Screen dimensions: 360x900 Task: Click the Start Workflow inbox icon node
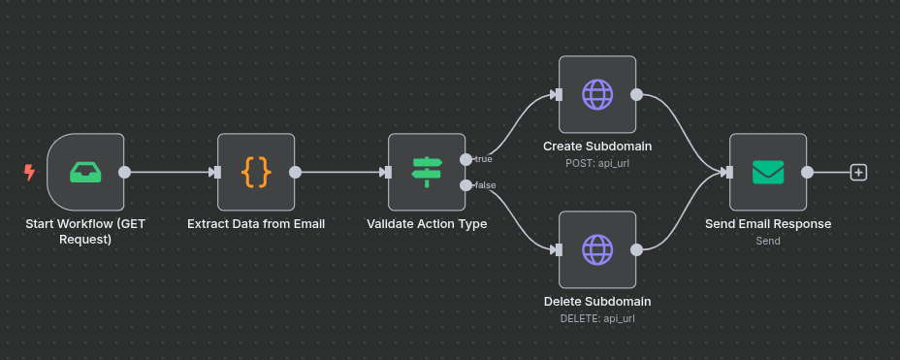85,172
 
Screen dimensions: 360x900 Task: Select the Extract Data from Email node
256,172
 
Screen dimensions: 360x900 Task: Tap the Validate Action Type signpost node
427,172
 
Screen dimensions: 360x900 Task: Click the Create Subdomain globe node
597,94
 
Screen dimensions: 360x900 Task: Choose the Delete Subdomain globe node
597,249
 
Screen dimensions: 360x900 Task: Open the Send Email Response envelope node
768,172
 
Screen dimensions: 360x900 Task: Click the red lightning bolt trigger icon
29,173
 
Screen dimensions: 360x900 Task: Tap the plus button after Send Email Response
858,173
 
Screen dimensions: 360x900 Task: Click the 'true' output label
483,159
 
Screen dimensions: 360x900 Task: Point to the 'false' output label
484,185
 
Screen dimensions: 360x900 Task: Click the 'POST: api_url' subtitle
597,163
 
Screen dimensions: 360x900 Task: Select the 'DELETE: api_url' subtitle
597,318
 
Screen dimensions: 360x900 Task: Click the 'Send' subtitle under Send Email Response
768,241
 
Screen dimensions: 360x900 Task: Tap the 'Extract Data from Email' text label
256,224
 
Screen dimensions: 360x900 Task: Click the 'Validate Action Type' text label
427,224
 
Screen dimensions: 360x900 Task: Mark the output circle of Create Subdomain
636,94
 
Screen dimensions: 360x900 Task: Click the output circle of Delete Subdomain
636,249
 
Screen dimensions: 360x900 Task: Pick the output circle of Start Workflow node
124,173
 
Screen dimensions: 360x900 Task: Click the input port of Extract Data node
217,173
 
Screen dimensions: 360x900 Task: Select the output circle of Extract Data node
295,173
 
